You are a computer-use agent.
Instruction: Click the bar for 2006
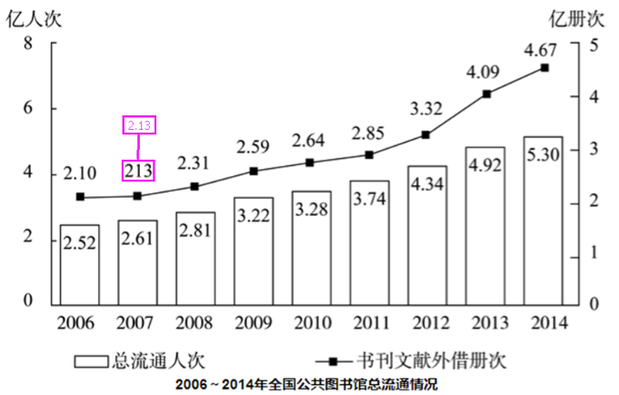(x=80, y=263)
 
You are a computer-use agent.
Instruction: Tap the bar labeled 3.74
(x=369, y=242)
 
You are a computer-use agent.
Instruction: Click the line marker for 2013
(x=486, y=94)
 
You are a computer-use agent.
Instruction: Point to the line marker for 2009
(x=254, y=171)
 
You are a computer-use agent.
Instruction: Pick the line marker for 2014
(x=544, y=67)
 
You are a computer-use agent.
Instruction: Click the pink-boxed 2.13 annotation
(x=139, y=125)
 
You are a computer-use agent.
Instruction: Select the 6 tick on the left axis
(x=28, y=108)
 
